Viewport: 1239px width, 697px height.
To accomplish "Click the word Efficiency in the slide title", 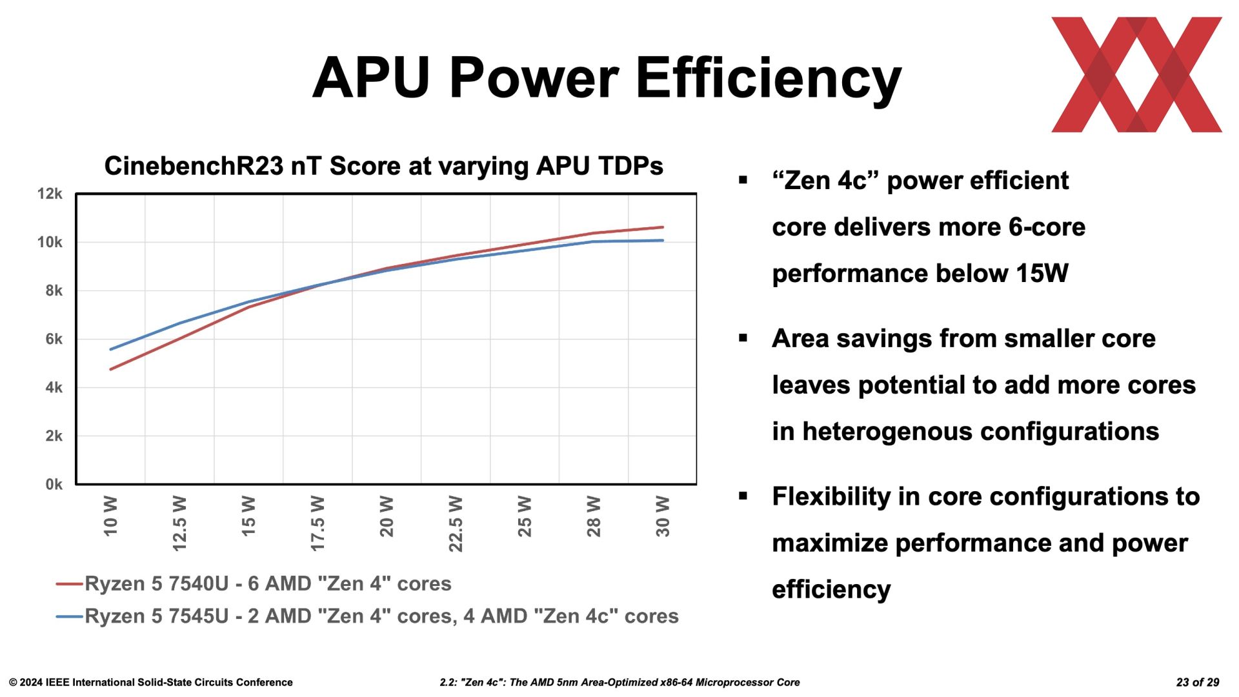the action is [x=769, y=79].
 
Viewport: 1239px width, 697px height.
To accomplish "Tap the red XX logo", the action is [x=1136, y=74].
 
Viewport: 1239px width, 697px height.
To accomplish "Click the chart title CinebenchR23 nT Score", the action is [x=384, y=167].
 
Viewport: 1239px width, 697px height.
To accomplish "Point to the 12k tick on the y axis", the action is [x=50, y=194].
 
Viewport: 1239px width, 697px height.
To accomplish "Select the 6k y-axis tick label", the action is [x=54, y=339].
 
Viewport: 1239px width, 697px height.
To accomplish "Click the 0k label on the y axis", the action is [x=54, y=484].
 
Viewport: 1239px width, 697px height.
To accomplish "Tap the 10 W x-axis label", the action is [x=110, y=516].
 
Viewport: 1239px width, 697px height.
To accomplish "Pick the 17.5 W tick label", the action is [x=317, y=523].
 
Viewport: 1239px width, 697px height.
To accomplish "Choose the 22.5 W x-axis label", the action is [x=456, y=524].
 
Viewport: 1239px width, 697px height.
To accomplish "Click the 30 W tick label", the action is [x=663, y=516].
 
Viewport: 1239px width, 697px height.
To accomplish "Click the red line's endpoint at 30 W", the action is [x=663, y=227].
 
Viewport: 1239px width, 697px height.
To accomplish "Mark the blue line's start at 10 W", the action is [x=111, y=349].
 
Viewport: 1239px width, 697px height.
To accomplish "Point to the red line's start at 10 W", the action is [x=111, y=369].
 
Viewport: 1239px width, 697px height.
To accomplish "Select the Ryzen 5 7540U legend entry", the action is [x=254, y=583].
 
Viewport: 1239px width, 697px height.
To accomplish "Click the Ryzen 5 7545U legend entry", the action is [x=367, y=616].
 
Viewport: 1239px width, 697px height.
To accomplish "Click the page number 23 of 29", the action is [x=1198, y=682].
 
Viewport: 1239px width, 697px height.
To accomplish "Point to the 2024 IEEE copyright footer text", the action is [x=151, y=682].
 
